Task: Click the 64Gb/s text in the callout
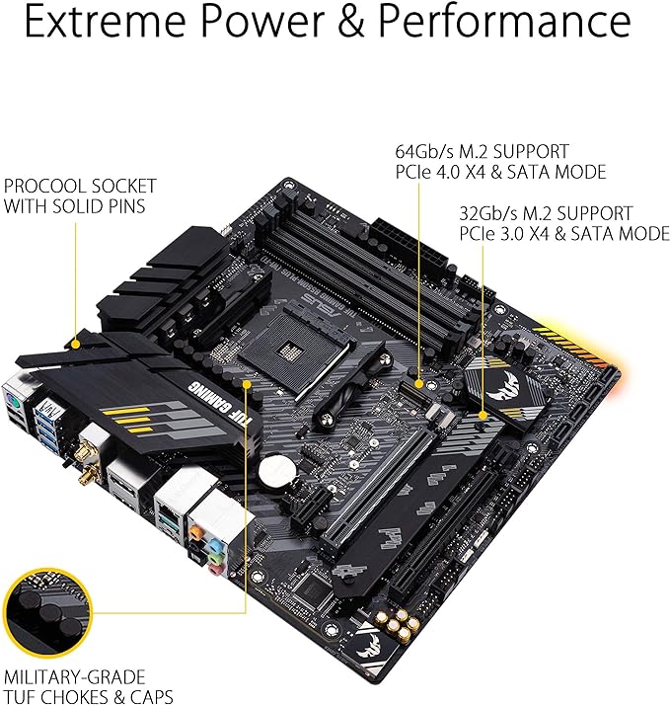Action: pyautogui.click(x=420, y=151)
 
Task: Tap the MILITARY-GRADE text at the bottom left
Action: pyautogui.click(x=74, y=677)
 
